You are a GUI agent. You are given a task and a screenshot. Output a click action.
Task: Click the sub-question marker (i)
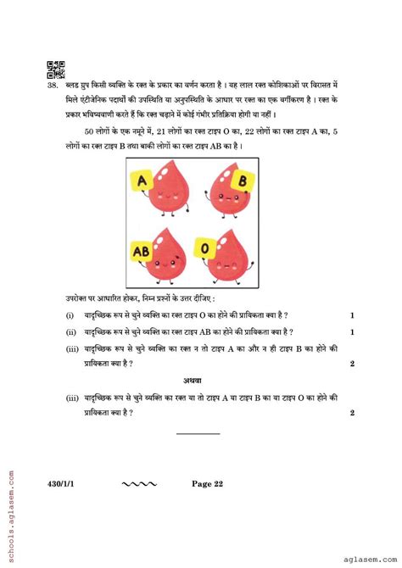tap(69, 315)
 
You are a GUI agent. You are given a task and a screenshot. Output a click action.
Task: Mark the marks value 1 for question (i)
tap(352, 315)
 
